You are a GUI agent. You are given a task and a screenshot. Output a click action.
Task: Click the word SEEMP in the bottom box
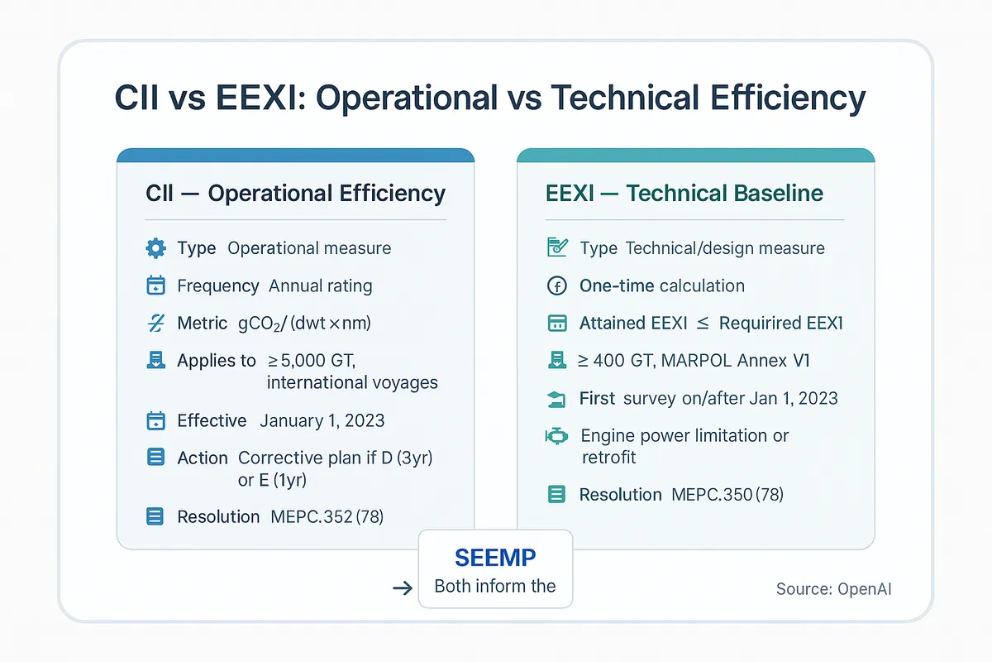[495, 557]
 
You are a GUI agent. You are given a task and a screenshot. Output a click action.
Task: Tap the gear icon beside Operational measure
[155, 248]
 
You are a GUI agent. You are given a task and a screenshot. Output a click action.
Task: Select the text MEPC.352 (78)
[327, 516]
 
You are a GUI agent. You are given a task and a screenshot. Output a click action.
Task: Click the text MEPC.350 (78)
[727, 495]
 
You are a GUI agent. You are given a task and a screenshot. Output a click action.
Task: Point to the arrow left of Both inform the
[403, 588]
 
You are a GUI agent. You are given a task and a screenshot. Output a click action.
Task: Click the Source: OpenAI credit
[833, 589]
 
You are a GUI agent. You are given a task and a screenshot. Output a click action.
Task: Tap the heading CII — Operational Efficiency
[295, 194]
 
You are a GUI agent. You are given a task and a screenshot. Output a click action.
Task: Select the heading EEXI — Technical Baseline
[684, 194]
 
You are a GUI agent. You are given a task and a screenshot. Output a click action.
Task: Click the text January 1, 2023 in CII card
[322, 420]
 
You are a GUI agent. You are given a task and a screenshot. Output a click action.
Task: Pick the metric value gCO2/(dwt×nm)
[298, 324]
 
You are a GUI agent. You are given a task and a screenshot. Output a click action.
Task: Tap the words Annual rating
[321, 286]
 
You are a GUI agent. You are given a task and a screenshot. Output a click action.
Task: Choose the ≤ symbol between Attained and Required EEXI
[703, 324]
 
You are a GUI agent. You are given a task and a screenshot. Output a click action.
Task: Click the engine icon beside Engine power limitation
[557, 436]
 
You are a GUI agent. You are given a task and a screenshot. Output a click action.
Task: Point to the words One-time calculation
[662, 286]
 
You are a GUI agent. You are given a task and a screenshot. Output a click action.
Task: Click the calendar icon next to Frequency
[155, 286]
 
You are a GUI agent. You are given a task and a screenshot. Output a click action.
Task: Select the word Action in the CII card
[203, 458]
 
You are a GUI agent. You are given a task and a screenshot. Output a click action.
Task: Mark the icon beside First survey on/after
[557, 399]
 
